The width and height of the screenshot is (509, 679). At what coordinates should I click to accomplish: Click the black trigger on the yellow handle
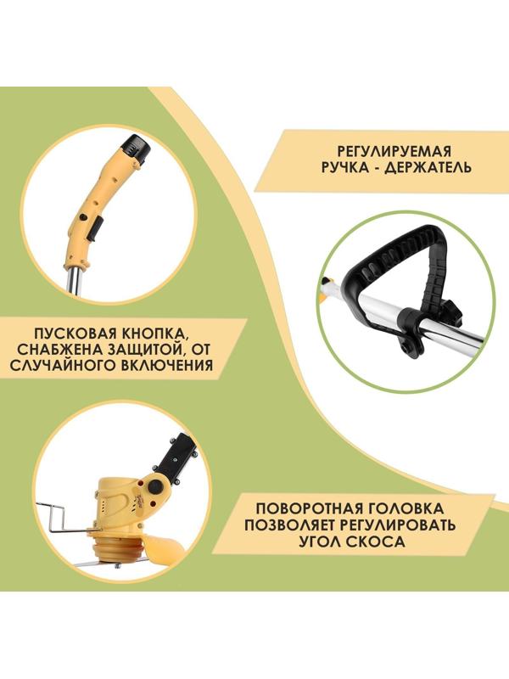(94, 227)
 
